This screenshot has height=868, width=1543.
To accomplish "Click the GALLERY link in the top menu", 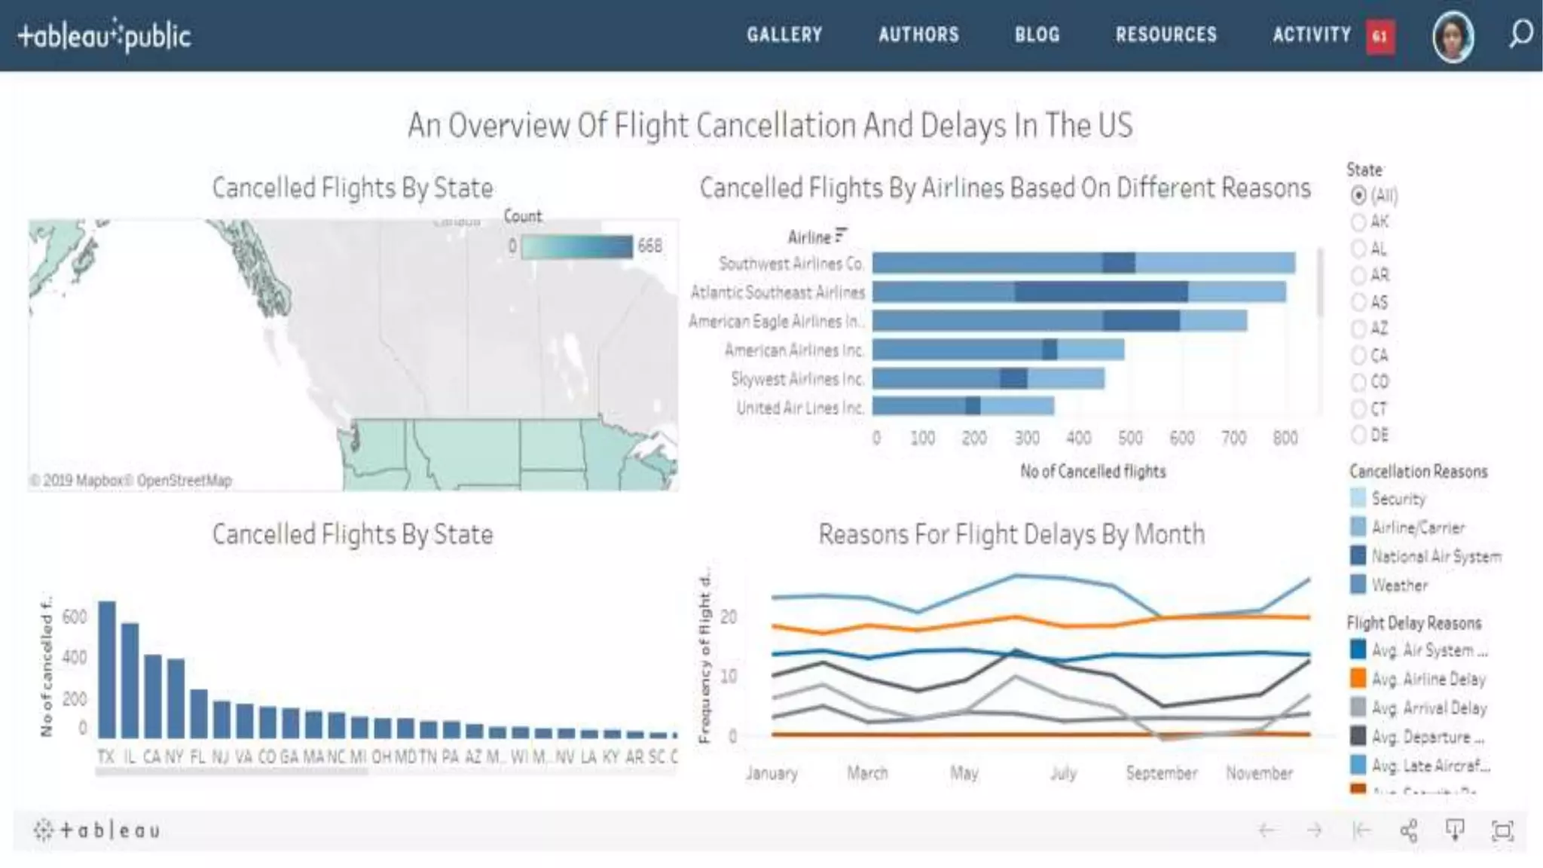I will click(784, 35).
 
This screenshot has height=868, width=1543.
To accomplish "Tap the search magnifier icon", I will click(1520, 34).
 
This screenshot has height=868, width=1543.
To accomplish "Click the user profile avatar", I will click(1453, 36).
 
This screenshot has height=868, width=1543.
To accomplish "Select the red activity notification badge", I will click(1380, 36).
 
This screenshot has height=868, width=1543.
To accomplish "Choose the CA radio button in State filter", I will click(1358, 356).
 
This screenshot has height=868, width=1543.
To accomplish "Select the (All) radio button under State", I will click(1358, 195).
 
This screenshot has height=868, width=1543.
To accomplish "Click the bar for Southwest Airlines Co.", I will click(1083, 263).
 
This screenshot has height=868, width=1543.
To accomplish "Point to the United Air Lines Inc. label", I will click(799, 408).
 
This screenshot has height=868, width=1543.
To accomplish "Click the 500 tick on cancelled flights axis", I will click(1130, 438).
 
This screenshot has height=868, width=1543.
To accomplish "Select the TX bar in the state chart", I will click(107, 669).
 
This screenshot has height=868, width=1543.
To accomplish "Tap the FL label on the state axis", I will click(197, 756).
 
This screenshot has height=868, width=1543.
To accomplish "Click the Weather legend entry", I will click(1399, 585).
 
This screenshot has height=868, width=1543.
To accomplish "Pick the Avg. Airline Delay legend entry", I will click(1428, 679).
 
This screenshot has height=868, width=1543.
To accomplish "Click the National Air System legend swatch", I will click(1358, 556).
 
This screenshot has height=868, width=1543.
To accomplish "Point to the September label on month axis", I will click(1161, 773).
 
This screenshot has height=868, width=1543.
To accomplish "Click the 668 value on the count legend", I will click(649, 246).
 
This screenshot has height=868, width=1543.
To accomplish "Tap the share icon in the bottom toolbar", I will click(1408, 830).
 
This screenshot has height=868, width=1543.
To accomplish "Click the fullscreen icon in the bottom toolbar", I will click(1502, 830).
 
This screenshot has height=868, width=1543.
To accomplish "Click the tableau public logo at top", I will click(104, 35).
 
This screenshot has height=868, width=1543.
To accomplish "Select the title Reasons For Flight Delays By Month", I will click(1011, 534).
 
